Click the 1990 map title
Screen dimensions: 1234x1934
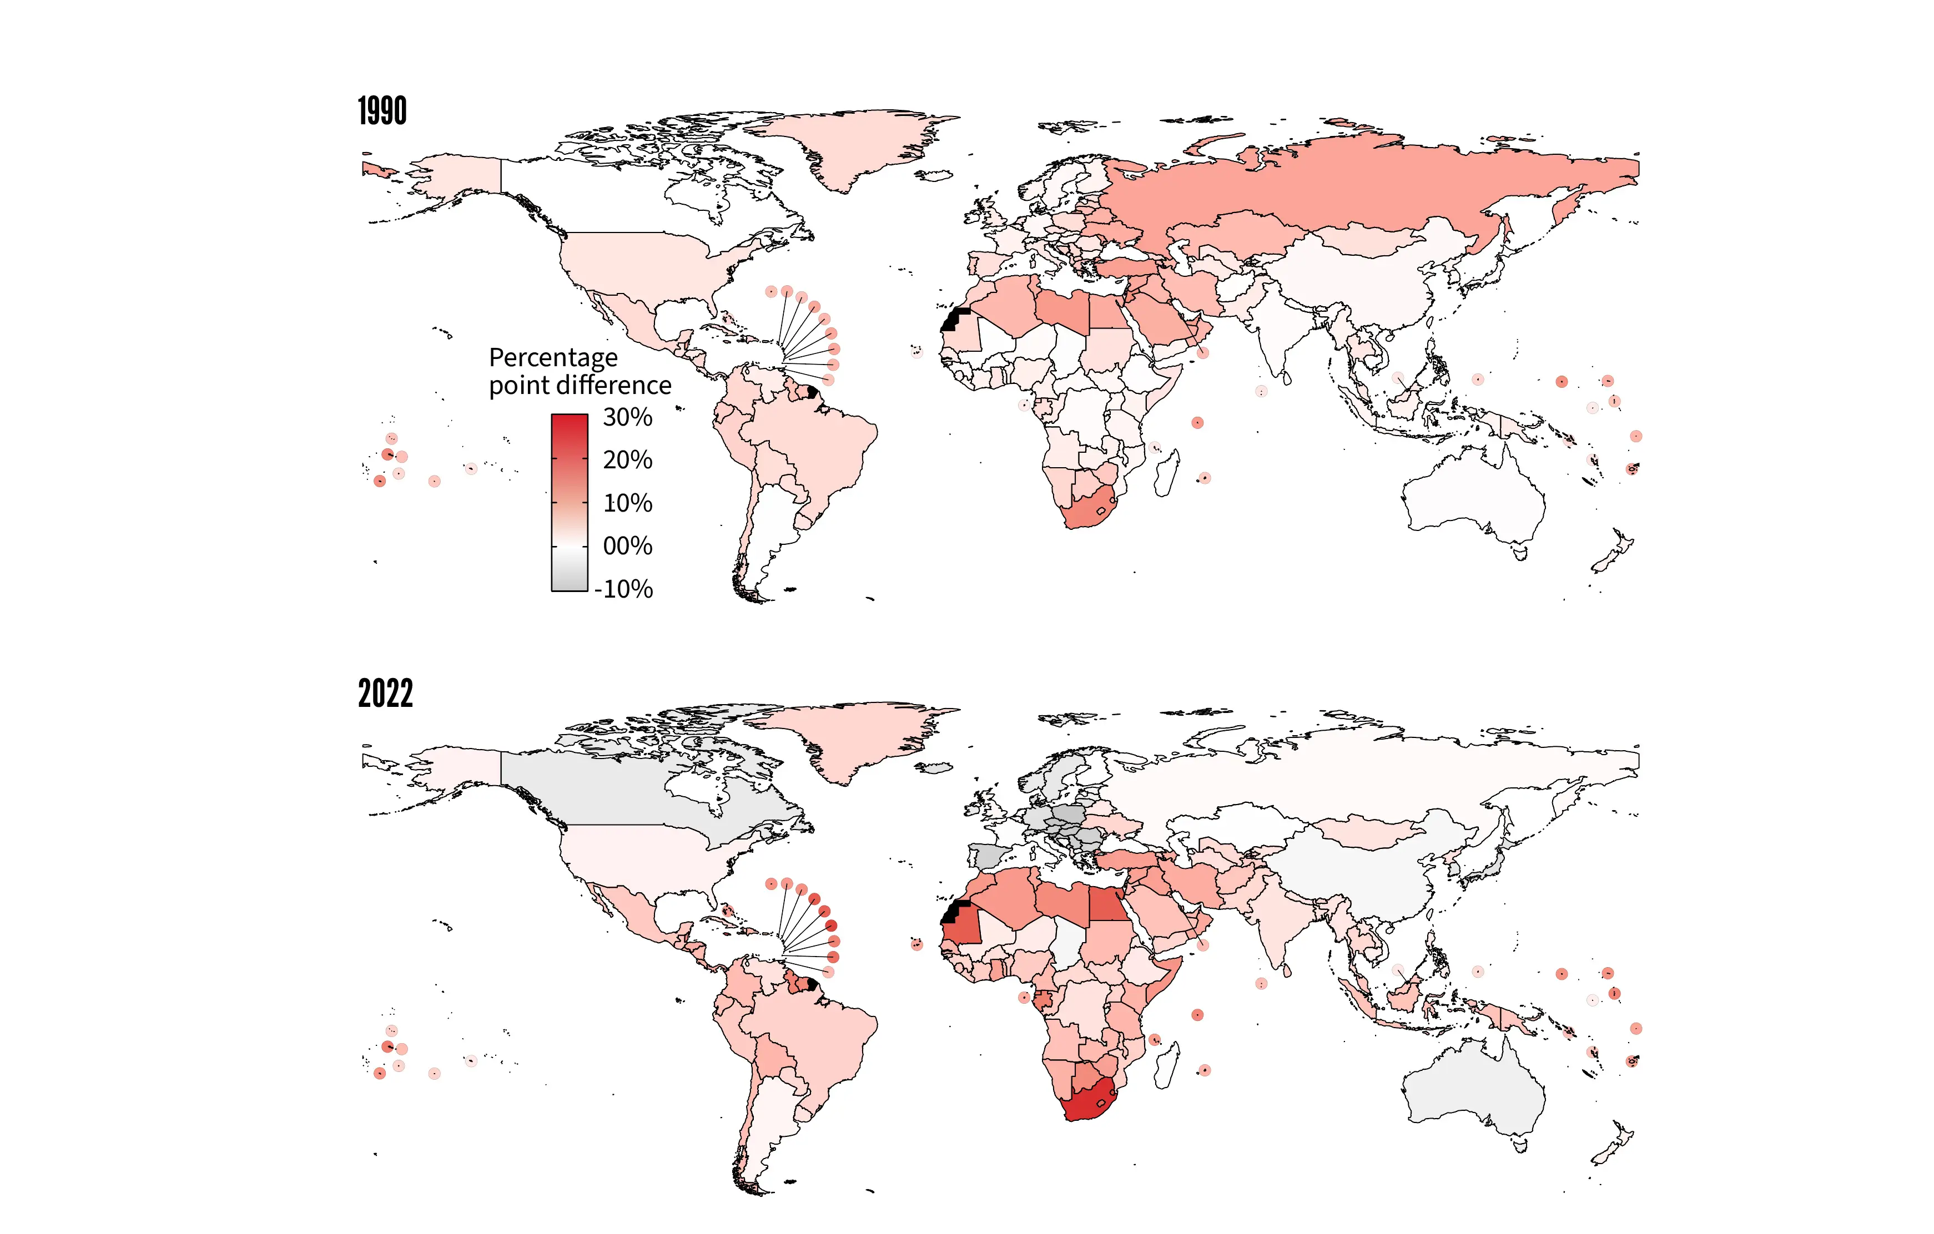coord(382,111)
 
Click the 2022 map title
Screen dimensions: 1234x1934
coord(385,693)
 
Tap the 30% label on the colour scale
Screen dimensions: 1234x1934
coord(627,417)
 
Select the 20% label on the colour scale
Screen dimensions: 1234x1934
coord(627,460)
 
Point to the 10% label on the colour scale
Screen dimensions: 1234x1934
coord(627,503)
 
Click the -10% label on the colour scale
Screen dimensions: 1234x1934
coord(624,589)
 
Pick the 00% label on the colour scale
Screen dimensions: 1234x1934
coord(627,546)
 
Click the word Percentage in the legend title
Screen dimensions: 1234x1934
coord(553,357)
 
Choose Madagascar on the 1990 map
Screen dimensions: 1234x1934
coord(1167,474)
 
